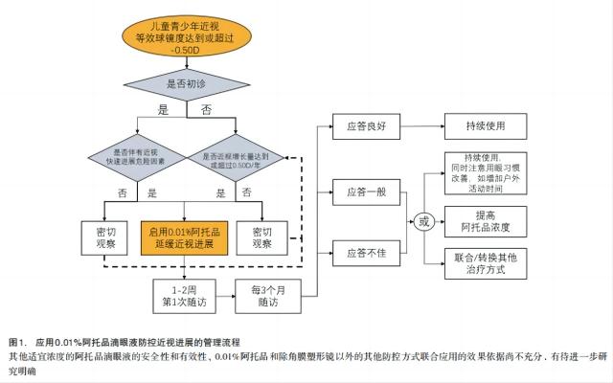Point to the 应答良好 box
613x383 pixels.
(x=358, y=124)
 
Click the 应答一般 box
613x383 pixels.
(x=358, y=191)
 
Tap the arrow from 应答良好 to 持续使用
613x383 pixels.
(x=414, y=124)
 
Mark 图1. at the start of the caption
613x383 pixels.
(x=17, y=341)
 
